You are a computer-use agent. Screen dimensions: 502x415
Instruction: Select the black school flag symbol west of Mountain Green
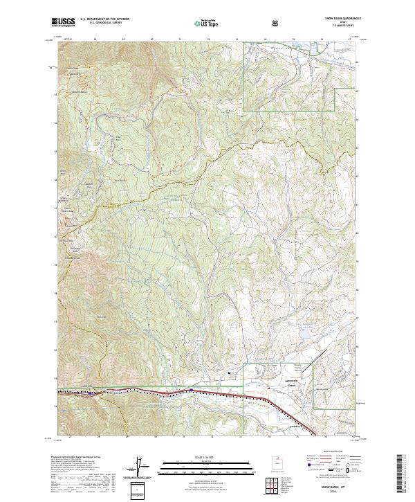pos(230,375)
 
